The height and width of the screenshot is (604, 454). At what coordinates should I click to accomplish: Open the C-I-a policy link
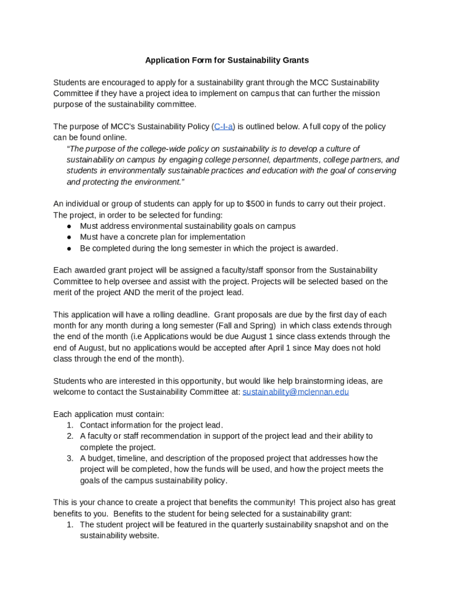click(223, 126)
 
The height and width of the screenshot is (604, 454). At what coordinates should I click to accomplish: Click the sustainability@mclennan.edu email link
click(295, 392)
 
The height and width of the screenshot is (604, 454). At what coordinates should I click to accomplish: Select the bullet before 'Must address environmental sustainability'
click(70, 226)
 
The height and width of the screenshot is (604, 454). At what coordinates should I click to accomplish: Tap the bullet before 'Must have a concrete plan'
click(70, 237)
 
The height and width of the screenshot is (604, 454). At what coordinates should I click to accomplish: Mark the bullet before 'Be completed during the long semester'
click(70, 248)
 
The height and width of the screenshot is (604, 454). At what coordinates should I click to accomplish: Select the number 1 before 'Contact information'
click(70, 425)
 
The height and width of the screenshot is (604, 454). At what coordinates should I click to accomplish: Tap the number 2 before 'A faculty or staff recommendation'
click(70, 436)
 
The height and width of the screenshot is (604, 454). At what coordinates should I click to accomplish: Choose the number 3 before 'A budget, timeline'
click(70, 458)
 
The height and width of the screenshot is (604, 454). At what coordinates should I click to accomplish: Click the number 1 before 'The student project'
click(70, 524)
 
